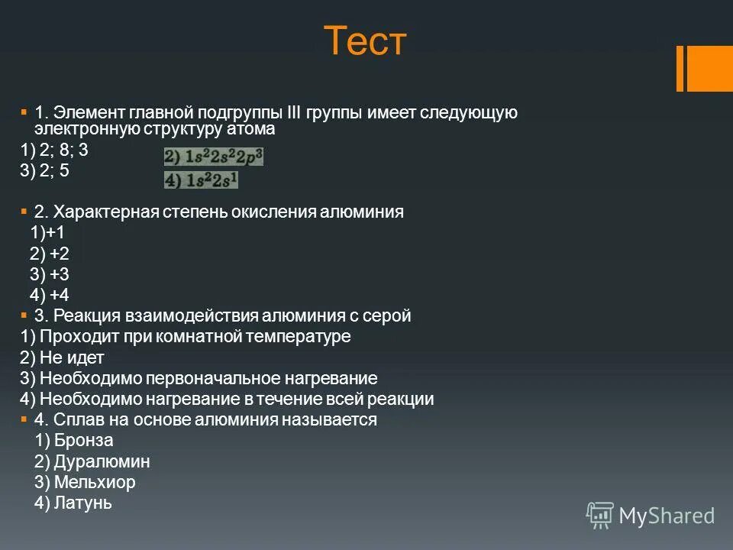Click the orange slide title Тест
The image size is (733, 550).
click(366, 41)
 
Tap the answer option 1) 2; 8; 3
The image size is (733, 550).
click(54, 150)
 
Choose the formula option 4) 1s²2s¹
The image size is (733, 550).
click(202, 180)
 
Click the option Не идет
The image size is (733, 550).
click(62, 357)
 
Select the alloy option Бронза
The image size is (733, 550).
click(74, 440)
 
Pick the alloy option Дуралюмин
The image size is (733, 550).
click(92, 461)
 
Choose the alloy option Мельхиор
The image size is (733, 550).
click(85, 482)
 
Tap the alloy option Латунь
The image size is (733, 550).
click(73, 503)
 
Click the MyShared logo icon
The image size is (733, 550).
click(599, 515)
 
